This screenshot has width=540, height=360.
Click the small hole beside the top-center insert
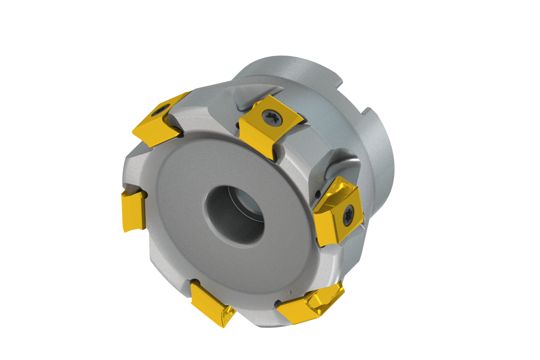pos(238,126)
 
